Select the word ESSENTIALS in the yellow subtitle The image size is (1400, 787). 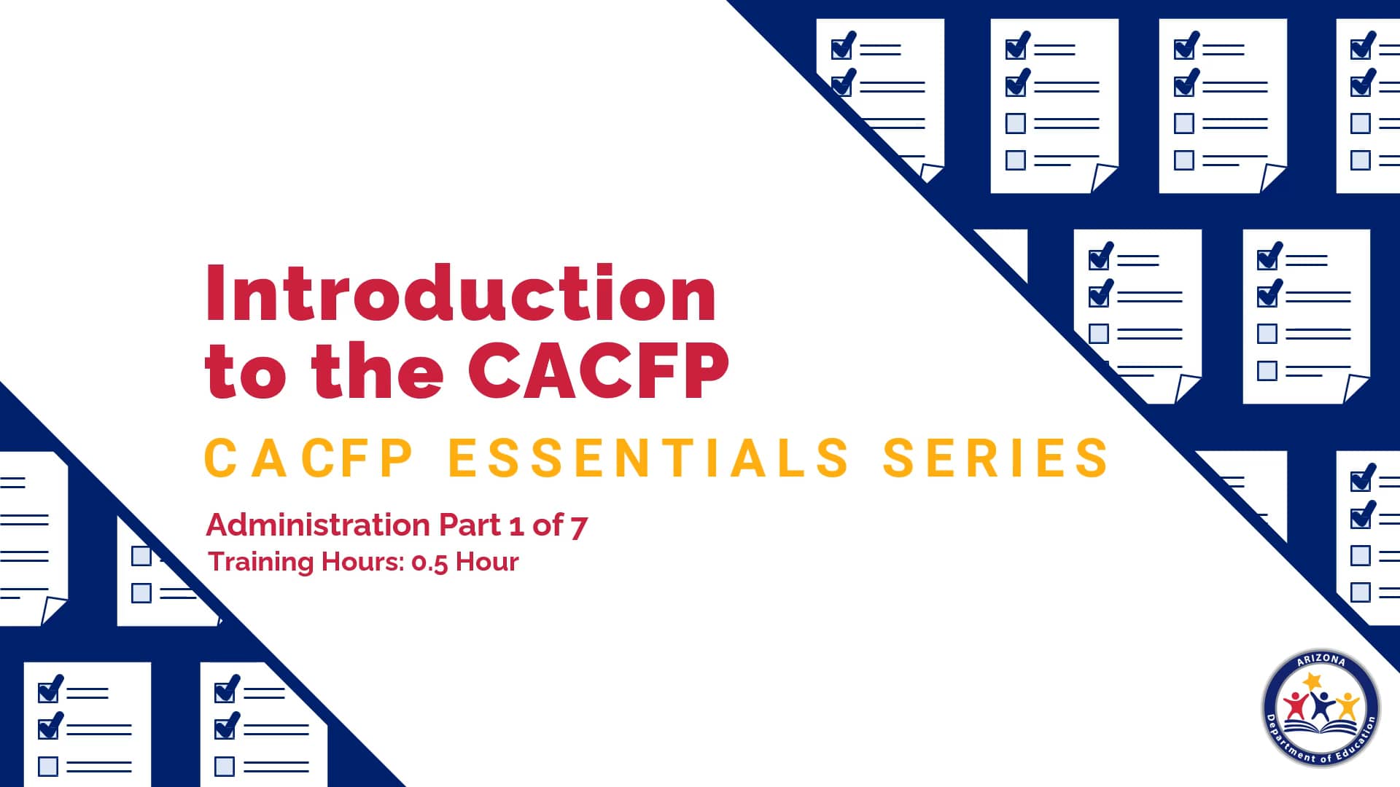649,458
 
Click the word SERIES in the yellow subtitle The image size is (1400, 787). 995,458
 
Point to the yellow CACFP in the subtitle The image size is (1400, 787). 309,458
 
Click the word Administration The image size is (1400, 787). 318,525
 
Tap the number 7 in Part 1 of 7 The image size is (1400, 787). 579,526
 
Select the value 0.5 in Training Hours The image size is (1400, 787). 429,563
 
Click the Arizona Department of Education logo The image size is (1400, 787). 1321,708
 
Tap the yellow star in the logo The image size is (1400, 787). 1312,681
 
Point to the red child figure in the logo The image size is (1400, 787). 1296,705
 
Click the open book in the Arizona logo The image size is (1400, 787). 1321,728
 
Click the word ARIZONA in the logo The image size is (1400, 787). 1321,660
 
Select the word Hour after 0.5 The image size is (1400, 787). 487,563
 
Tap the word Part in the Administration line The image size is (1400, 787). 470,525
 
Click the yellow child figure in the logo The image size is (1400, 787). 1346,705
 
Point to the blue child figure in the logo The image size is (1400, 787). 1321,704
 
